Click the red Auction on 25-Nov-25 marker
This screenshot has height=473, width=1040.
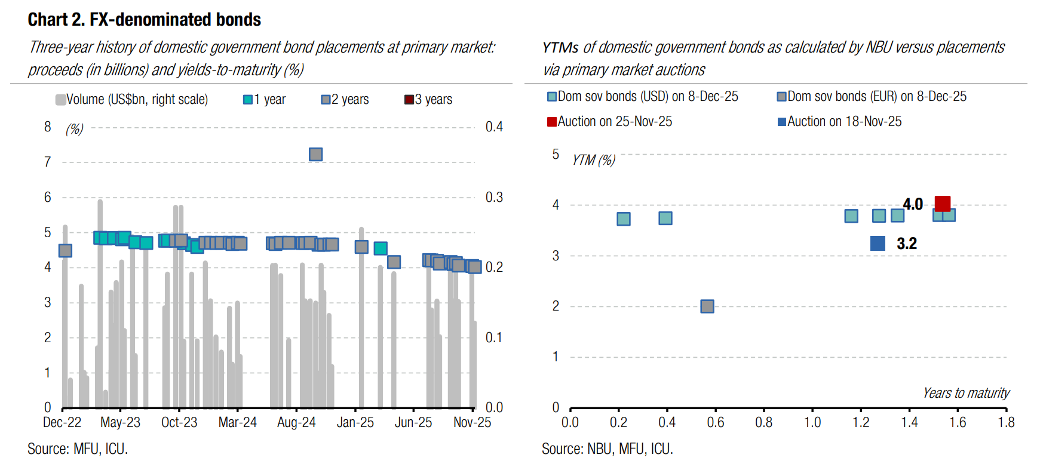pyautogui.click(x=943, y=204)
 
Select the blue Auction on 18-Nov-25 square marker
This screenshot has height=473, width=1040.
pyautogui.click(x=878, y=243)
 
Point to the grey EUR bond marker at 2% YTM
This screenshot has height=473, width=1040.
pyautogui.click(x=707, y=306)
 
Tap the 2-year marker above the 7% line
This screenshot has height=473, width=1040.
pyautogui.click(x=316, y=155)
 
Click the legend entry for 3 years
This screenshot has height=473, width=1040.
pyautogui.click(x=428, y=100)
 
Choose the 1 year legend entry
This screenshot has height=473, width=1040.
pyautogui.click(x=265, y=100)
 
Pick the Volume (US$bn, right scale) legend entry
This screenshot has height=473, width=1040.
pyautogui.click(x=132, y=100)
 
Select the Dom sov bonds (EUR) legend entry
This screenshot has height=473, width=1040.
pyautogui.click(x=872, y=97)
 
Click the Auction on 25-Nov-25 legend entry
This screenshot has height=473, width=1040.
pyautogui.click(x=610, y=122)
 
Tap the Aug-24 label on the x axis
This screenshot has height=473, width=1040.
pyautogui.click(x=296, y=423)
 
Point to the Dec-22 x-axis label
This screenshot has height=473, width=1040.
pyautogui.click(x=62, y=423)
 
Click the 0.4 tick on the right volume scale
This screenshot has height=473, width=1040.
pyautogui.click(x=494, y=127)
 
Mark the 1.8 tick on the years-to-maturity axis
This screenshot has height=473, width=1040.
pyautogui.click(x=1006, y=423)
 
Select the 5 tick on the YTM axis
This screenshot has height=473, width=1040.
pyautogui.click(x=556, y=155)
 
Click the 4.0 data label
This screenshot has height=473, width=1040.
pyautogui.click(x=913, y=204)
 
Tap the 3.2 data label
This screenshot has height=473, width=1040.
pyautogui.click(x=907, y=244)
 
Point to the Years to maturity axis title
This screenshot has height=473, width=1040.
pyautogui.click(x=966, y=393)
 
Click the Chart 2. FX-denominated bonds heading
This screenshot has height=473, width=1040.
pyautogui.click(x=145, y=20)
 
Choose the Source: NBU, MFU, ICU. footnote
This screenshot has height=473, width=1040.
pyautogui.click(x=607, y=449)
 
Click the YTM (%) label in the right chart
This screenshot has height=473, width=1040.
pyautogui.click(x=594, y=160)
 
